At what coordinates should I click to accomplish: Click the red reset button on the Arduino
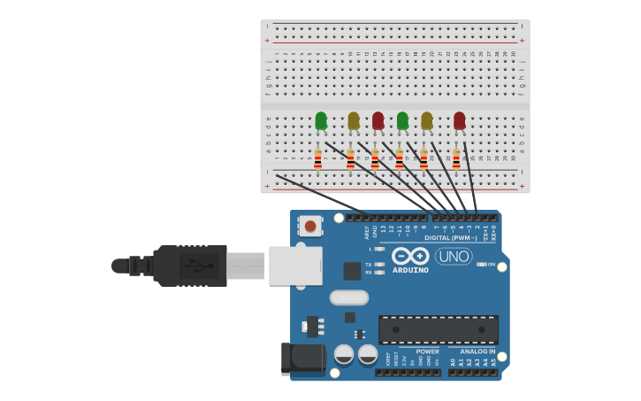click(310, 227)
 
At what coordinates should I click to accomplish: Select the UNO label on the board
click(454, 256)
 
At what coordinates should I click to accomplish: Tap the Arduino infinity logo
click(410, 256)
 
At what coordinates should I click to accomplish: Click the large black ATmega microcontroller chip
click(438, 329)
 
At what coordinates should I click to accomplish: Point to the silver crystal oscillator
click(349, 297)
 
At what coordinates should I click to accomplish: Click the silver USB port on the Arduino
click(295, 266)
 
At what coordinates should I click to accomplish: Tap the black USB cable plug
click(189, 266)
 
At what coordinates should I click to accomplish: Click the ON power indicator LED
click(481, 264)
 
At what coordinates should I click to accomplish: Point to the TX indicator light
click(378, 264)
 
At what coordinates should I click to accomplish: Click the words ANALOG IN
click(477, 351)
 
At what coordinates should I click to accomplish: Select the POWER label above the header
click(427, 351)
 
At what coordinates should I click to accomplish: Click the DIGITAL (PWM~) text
click(451, 237)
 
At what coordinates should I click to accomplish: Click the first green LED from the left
click(321, 120)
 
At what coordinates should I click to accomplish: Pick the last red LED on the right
click(459, 120)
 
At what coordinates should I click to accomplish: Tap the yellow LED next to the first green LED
click(354, 120)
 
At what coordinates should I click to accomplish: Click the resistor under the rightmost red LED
click(456, 158)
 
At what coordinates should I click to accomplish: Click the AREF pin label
click(367, 232)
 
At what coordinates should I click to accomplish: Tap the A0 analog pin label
click(453, 362)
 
